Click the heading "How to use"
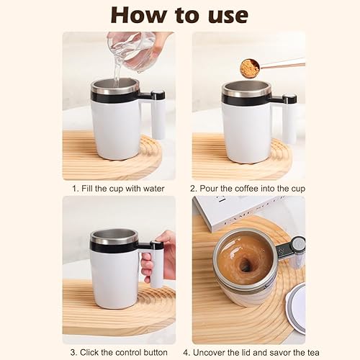[x=179, y=16]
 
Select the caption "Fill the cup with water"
[x=118, y=189]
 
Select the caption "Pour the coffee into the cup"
[x=248, y=189]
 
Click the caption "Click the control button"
[x=118, y=352]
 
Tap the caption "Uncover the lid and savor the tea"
[x=248, y=352]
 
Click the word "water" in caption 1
[x=153, y=189]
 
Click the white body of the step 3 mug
[x=114, y=281]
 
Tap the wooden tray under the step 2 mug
[x=216, y=162]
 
